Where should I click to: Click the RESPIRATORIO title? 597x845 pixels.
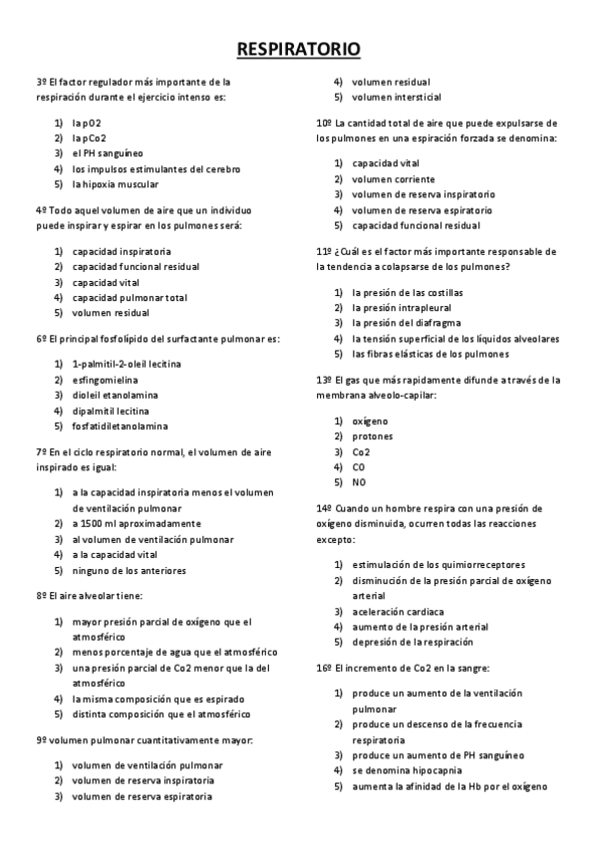tap(298, 49)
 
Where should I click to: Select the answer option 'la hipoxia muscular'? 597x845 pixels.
tap(115, 184)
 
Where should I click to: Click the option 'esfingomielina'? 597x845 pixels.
tap(106, 380)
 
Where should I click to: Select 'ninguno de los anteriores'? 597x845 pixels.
tap(129, 571)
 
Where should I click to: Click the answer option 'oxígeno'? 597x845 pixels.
tap(370, 421)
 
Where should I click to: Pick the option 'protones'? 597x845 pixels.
tap(373, 436)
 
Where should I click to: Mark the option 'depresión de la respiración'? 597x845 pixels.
tap(412, 643)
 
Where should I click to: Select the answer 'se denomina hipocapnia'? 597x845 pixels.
tap(407, 770)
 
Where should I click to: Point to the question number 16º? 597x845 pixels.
tap(324, 667)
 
